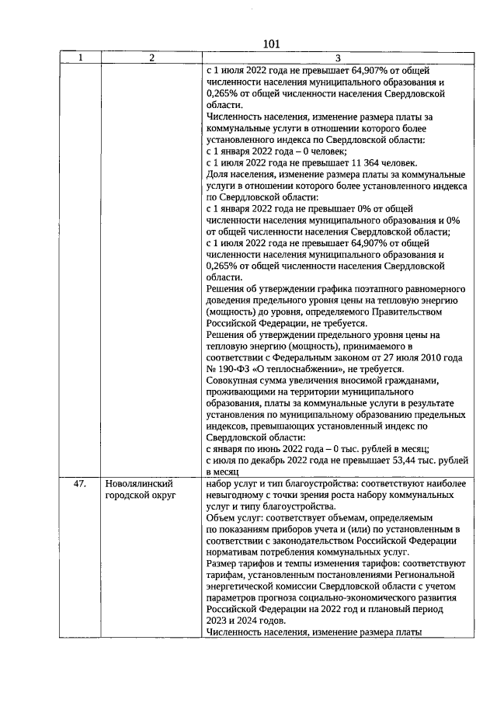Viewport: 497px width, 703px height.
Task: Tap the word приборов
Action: pos(305,529)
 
